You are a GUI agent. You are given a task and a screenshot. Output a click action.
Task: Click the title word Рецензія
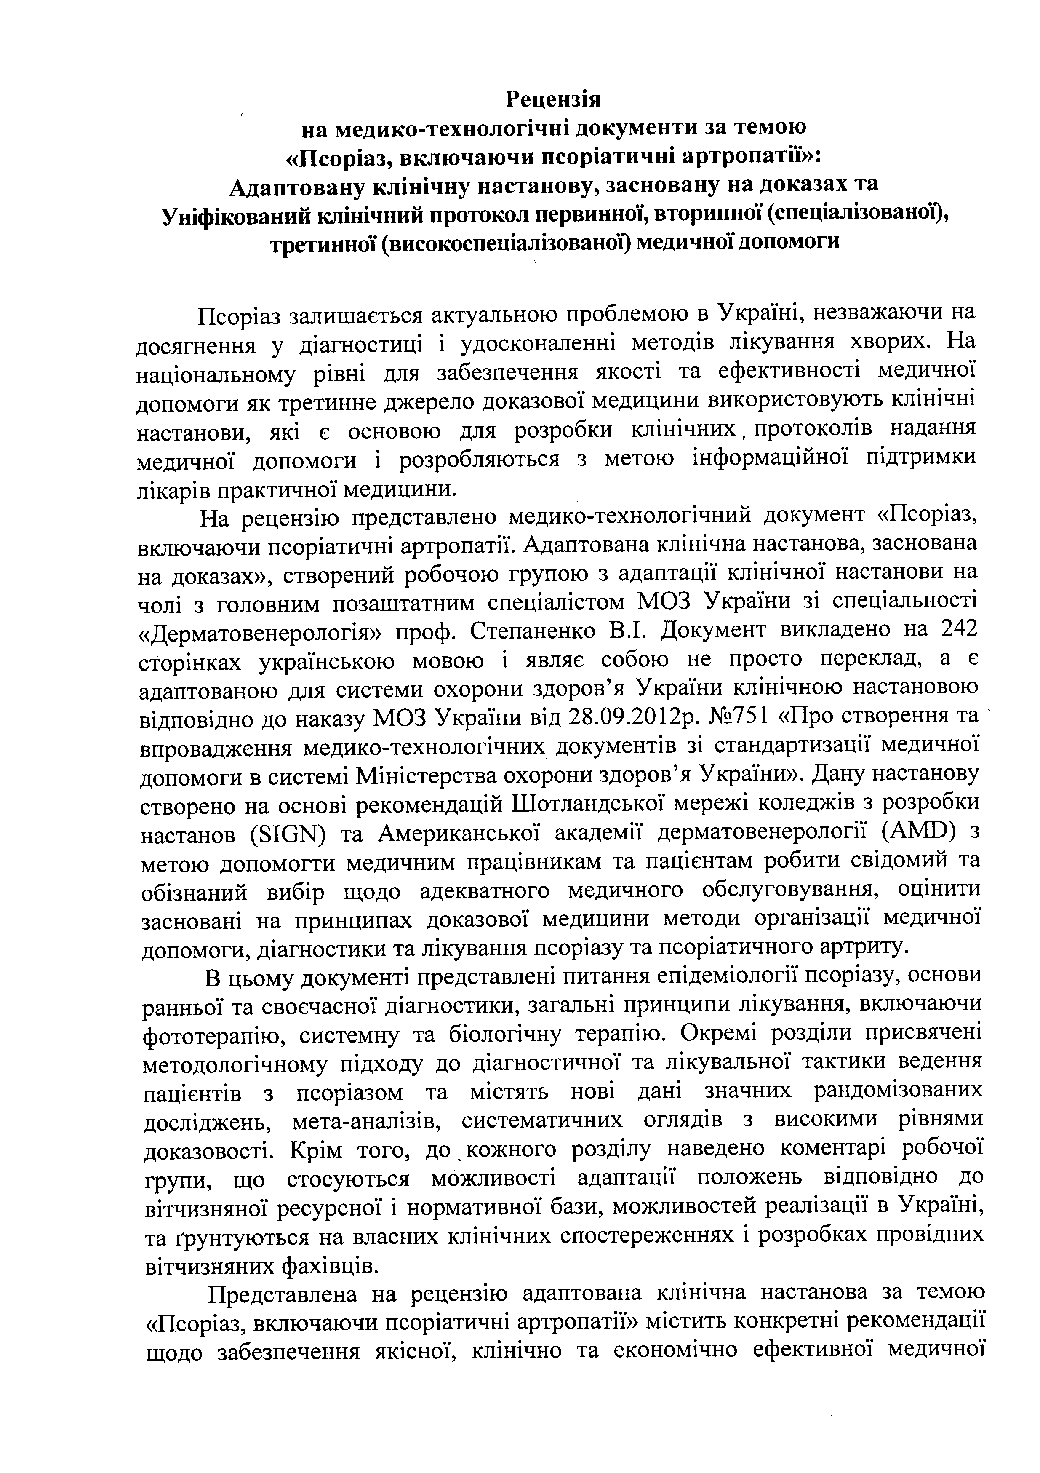click(553, 99)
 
